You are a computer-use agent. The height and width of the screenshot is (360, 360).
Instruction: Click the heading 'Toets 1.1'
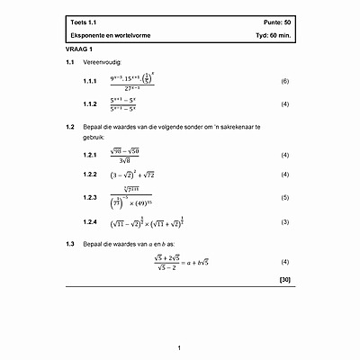(83, 22)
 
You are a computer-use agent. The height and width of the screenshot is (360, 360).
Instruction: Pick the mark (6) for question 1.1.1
(284, 82)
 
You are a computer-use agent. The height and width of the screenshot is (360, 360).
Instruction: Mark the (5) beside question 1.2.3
(284, 197)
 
